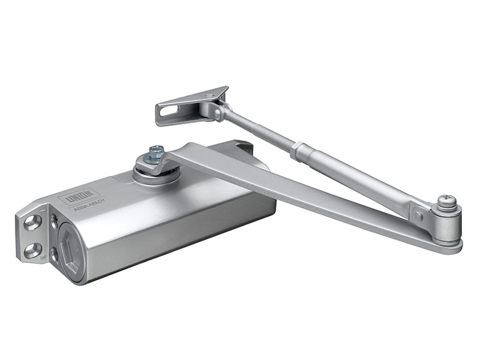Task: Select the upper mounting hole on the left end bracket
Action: click(x=32, y=223)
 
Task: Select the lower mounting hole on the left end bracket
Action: click(x=33, y=250)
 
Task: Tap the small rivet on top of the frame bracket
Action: click(x=208, y=94)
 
